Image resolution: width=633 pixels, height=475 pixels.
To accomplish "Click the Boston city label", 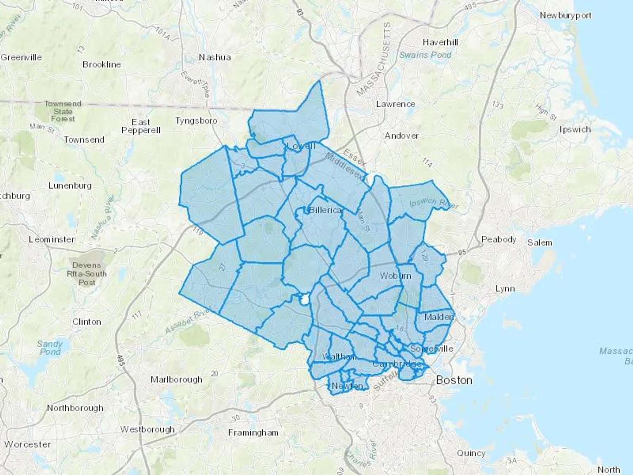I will pyautogui.click(x=454, y=380).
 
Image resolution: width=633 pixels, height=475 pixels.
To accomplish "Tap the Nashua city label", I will pyautogui.click(x=215, y=57).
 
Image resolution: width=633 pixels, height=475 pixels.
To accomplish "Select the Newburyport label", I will pyautogui.click(x=565, y=15).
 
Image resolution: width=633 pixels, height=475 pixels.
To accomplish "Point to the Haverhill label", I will pyautogui.click(x=440, y=43).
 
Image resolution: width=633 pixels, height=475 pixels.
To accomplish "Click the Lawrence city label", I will pyautogui.click(x=396, y=104).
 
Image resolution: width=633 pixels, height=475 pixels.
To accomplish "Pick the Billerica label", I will pyautogui.click(x=325, y=210).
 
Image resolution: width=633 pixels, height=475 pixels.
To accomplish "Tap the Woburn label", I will pyautogui.click(x=395, y=276).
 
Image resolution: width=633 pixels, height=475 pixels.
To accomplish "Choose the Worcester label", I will pyautogui.click(x=28, y=444).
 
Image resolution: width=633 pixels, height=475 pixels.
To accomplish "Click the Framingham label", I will pyautogui.click(x=253, y=433).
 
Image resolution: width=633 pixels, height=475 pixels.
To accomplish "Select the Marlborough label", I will pyautogui.click(x=177, y=380).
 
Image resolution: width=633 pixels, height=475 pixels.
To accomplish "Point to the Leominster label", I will pyautogui.click(x=52, y=240).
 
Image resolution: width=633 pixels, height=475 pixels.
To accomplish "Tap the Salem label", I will pyautogui.click(x=539, y=243).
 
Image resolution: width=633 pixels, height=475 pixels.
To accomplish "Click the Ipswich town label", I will pyautogui.click(x=575, y=129).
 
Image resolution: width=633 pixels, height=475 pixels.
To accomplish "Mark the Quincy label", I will pyautogui.click(x=471, y=453).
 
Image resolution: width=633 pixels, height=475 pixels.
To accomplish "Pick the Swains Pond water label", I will pyautogui.click(x=426, y=55).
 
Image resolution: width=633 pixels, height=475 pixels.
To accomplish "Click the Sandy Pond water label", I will pyautogui.click(x=50, y=348).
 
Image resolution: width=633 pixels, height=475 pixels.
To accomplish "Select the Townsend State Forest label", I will pyautogui.click(x=63, y=111).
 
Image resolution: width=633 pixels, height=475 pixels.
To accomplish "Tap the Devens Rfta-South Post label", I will pyautogui.click(x=87, y=274).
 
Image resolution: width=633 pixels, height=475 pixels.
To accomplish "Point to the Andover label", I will pyautogui.click(x=402, y=136).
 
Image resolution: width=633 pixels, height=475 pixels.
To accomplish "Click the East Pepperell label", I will pyautogui.click(x=141, y=126).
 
